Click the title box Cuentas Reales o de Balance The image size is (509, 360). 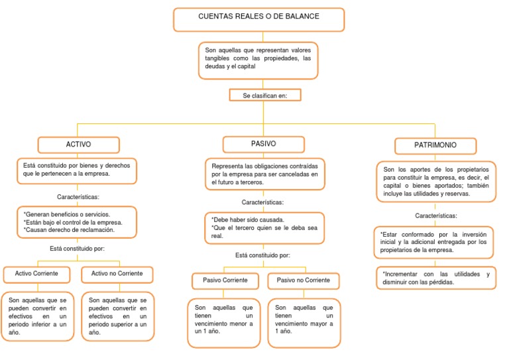[258, 19]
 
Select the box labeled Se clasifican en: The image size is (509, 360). [264, 95]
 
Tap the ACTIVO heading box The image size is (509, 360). [79, 145]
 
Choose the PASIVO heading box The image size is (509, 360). [264, 144]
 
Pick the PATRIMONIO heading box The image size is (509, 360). [435, 145]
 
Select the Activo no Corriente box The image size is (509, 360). [117, 274]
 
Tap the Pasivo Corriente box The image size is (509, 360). [225, 280]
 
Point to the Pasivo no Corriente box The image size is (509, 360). [303, 280]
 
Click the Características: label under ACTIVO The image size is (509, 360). [79, 197]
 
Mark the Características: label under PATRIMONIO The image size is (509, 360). [435, 215]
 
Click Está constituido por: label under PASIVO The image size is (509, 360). [262, 255]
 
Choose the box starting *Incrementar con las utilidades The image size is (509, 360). [435, 278]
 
